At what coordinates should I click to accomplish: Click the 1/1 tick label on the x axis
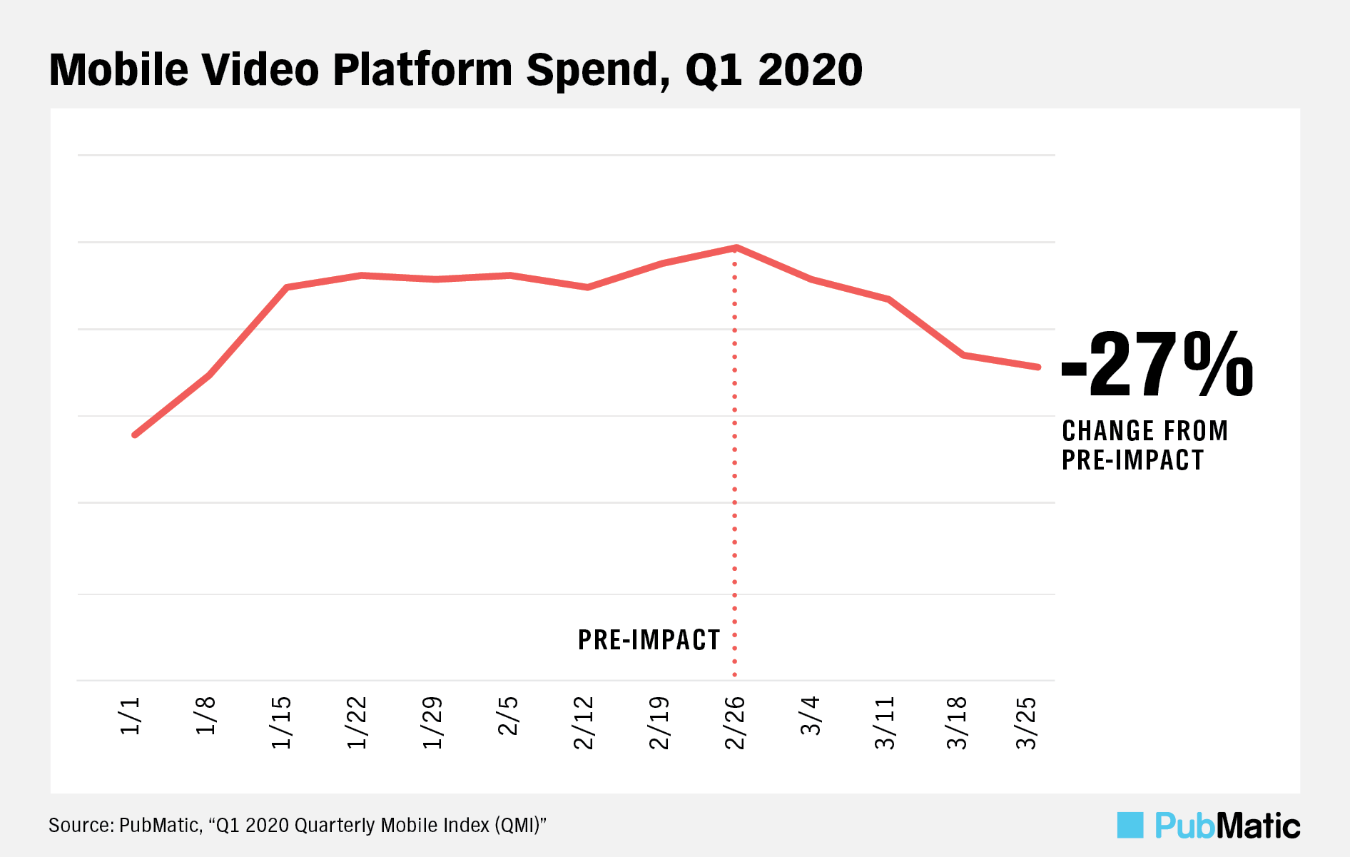(131, 716)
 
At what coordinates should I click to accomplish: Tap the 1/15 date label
(281, 722)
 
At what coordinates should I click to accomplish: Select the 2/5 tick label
(508, 716)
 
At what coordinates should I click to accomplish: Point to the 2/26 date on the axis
(734, 722)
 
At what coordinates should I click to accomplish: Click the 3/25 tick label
(1026, 722)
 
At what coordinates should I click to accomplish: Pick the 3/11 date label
(885, 722)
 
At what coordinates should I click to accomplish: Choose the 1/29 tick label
(432, 722)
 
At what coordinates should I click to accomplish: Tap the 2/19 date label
(659, 722)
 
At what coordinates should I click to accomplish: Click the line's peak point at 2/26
(736, 248)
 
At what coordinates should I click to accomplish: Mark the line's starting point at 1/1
(135, 435)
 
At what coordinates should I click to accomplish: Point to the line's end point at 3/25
(1038, 367)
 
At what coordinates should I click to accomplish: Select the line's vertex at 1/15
(286, 287)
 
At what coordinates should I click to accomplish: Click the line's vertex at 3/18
(963, 355)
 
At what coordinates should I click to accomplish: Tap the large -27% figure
(1157, 365)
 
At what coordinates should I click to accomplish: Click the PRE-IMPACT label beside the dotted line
(649, 640)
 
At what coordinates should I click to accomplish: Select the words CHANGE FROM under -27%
(1145, 431)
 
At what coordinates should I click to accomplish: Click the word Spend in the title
(598, 70)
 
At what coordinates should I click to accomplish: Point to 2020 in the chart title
(810, 70)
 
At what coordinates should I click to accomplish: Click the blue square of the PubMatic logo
(1130, 825)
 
